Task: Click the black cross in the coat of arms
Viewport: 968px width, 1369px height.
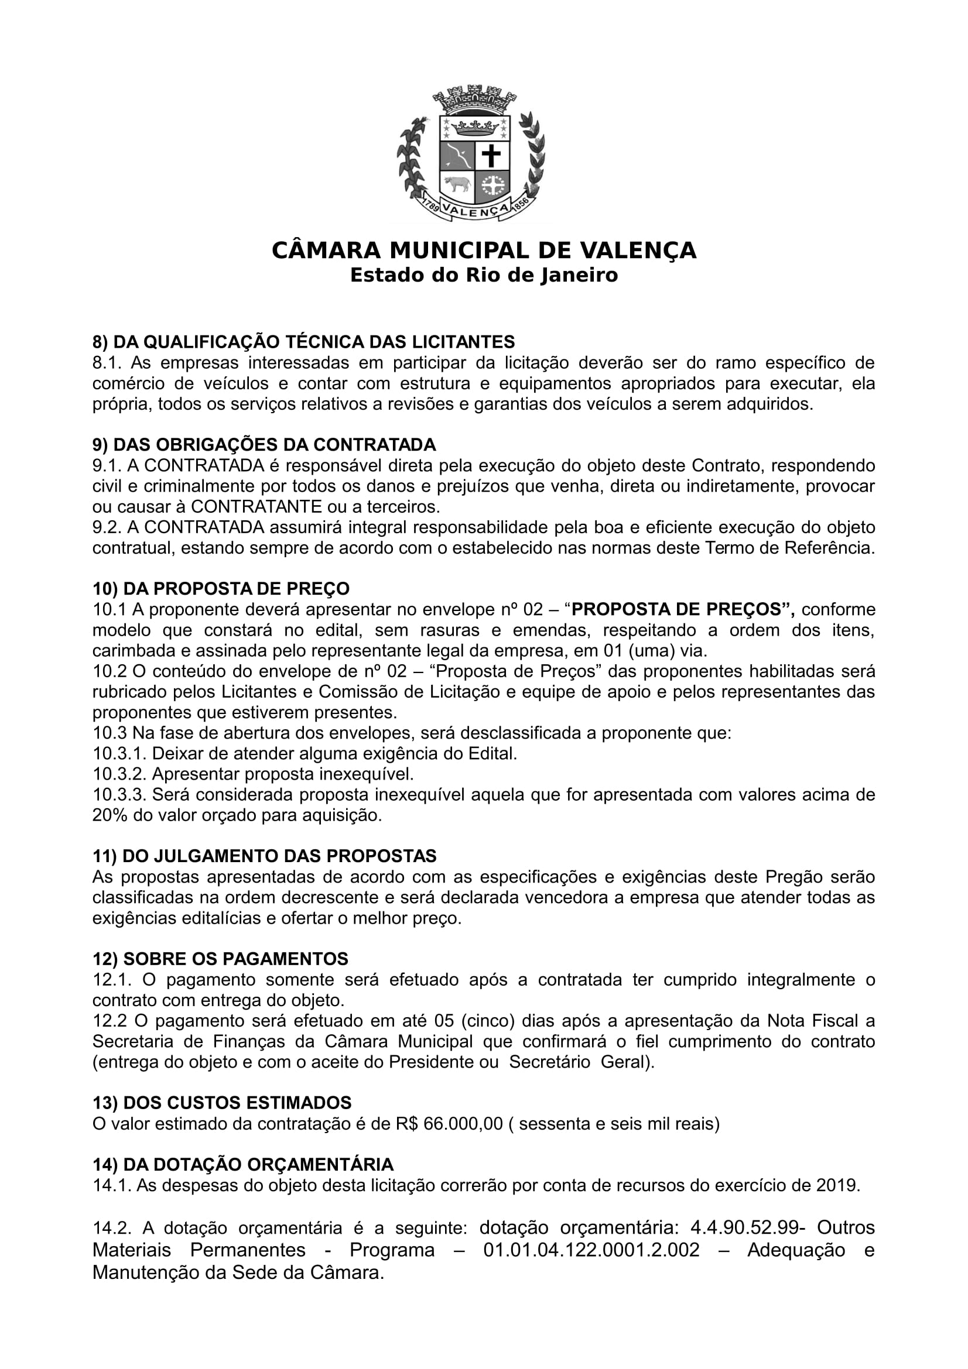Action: pyautogui.click(x=491, y=157)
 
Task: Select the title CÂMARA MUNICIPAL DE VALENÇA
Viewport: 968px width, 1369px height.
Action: pyautogui.click(x=484, y=251)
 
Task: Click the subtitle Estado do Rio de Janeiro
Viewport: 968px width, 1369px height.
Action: pyautogui.click(x=484, y=276)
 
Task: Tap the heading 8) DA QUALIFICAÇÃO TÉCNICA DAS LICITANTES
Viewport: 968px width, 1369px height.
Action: pyautogui.click(x=303, y=342)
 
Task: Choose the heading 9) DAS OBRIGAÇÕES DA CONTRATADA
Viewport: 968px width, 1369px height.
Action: pyautogui.click(x=264, y=445)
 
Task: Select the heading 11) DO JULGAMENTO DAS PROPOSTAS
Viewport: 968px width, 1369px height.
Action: pyautogui.click(x=265, y=856)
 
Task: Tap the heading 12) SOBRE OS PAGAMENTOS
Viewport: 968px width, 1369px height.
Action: pyautogui.click(x=221, y=959)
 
